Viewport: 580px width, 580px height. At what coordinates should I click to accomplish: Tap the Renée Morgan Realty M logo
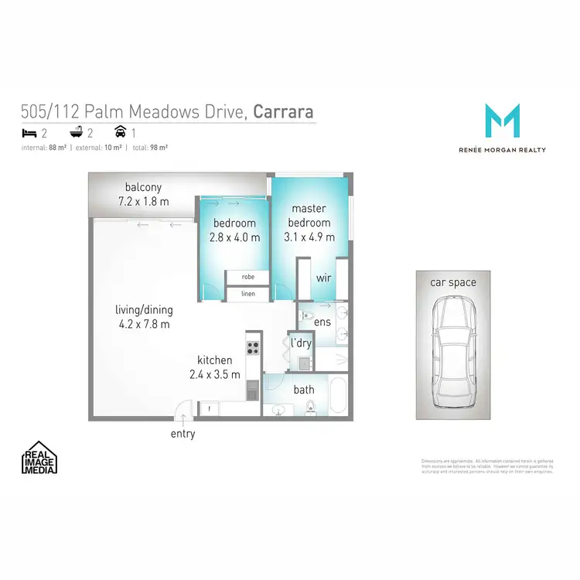[x=502, y=121]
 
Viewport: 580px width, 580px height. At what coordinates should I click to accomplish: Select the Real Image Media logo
[x=40, y=457]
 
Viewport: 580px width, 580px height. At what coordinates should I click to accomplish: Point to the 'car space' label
[x=453, y=282]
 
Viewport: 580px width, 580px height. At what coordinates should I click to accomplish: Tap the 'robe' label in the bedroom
[x=247, y=276]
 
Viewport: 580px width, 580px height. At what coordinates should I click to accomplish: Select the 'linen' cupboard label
[x=247, y=294]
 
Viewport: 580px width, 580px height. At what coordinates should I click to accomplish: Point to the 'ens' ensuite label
[x=322, y=321]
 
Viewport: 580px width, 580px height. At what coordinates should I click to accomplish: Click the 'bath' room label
[x=303, y=391]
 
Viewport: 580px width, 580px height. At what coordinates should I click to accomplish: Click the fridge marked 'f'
[x=209, y=408]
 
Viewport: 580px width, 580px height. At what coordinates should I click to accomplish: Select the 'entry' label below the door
[x=183, y=434]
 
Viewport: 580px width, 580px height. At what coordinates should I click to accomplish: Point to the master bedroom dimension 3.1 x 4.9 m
[x=309, y=237]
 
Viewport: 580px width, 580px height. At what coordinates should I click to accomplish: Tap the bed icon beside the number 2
[x=27, y=133]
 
